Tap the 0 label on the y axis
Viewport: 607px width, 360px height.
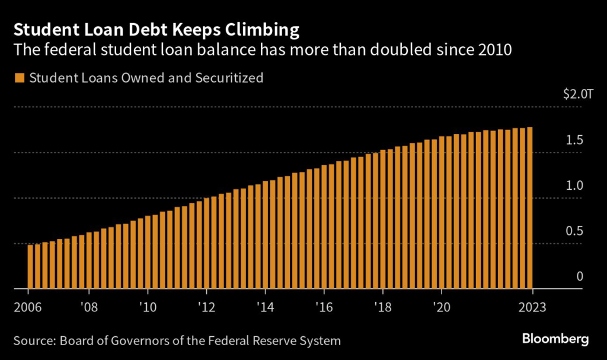click(x=580, y=276)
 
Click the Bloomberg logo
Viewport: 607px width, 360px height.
click(x=555, y=340)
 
